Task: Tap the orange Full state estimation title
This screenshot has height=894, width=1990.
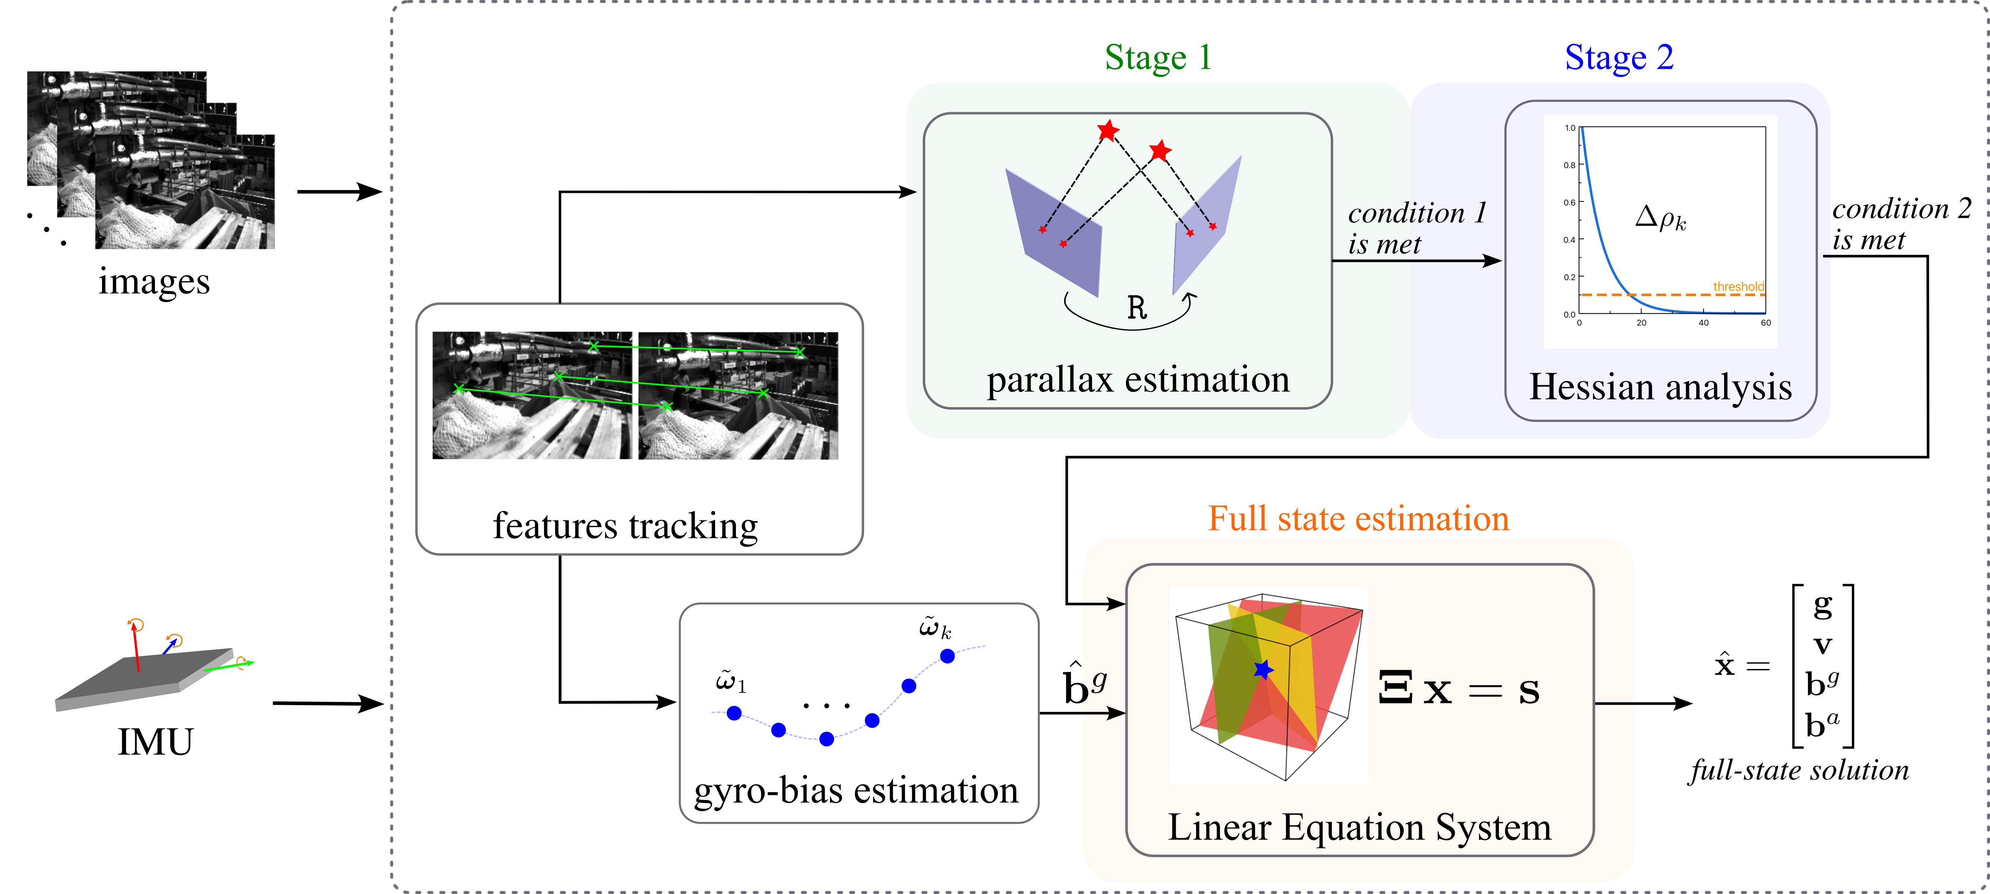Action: (x=1358, y=519)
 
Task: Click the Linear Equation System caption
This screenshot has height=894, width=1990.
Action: (x=1359, y=828)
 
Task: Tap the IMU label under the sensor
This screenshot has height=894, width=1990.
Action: (x=155, y=742)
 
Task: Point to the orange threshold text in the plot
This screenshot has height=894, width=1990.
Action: (x=1738, y=287)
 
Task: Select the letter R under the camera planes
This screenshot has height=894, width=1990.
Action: (x=1136, y=308)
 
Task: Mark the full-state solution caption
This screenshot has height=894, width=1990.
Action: (x=1799, y=770)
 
